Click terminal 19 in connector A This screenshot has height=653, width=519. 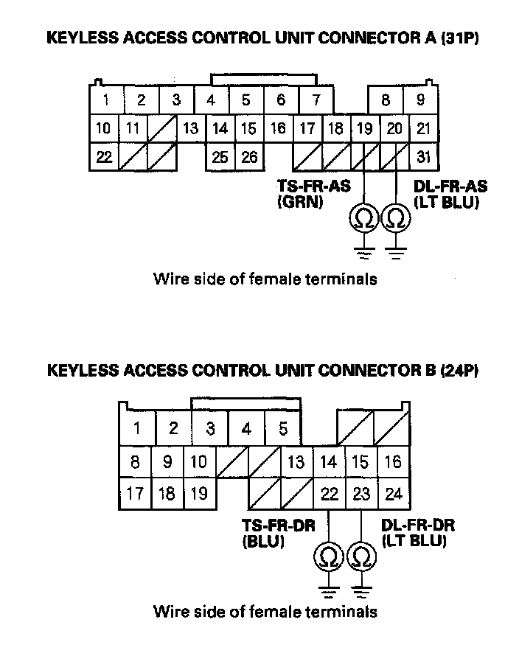click(364, 129)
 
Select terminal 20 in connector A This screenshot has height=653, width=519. click(394, 129)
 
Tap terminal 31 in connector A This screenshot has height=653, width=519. click(422, 157)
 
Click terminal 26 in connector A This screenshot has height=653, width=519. click(249, 157)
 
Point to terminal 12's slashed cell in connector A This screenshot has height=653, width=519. click(162, 129)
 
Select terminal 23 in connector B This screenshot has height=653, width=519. click(360, 493)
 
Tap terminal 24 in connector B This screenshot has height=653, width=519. click(394, 493)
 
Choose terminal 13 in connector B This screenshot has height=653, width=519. click(296, 462)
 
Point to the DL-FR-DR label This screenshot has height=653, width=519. click(418, 525)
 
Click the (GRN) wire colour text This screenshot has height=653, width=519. click(300, 201)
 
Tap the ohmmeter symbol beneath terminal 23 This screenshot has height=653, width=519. click(360, 557)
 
